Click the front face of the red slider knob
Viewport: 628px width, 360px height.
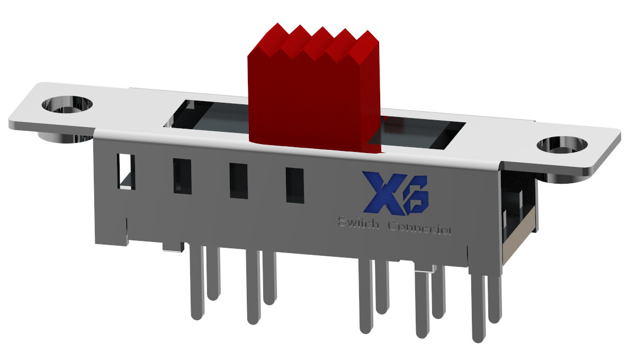pyautogui.click(x=304, y=101)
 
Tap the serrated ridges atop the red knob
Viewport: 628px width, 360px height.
pyautogui.click(x=318, y=42)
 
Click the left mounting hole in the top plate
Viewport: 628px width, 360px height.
pyautogui.click(x=67, y=103)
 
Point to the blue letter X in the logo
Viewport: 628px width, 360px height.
pyautogui.click(x=380, y=193)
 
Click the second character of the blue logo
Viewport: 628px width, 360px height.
pyautogui.click(x=416, y=201)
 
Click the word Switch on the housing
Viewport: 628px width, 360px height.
pyautogui.click(x=358, y=224)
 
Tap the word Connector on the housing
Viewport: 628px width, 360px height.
pyautogui.click(x=421, y=229)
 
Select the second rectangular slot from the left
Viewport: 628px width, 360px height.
pyautogui.click(x=182, y=176)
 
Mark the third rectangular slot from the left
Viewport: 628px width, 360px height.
pyautogui.click(x=238, y=181)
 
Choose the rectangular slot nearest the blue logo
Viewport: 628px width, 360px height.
pyautogui.click(x=295, y=185)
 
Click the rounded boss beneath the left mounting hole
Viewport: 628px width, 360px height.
pyautogui.click(x=58, y=137)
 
